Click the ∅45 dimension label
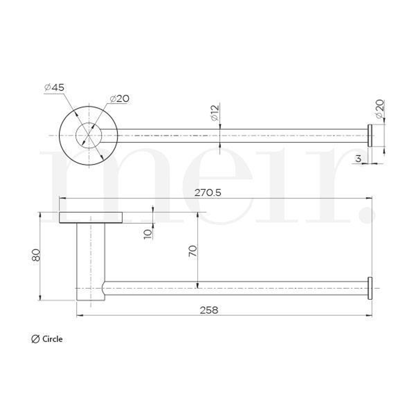[x=54, y=88]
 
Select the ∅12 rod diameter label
[x=214, y=113]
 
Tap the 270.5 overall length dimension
[x=207, y=193]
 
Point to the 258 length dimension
[x=209, y=310]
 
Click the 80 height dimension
[x=36, y=255]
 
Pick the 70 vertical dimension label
[x=193, y=251]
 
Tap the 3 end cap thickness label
[x=358, y=158]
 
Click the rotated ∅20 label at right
[x=379, y=110]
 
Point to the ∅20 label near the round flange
[x=120, y=99]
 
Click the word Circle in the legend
[x=52, y=339]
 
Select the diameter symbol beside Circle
[x=35, y=339]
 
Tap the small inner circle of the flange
[x=89, y=136]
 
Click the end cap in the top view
[x=370, y=136]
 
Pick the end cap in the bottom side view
[x=370, y=288]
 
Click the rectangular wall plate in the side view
[x=91, y=217]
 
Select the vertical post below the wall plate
[x=91, y=261]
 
